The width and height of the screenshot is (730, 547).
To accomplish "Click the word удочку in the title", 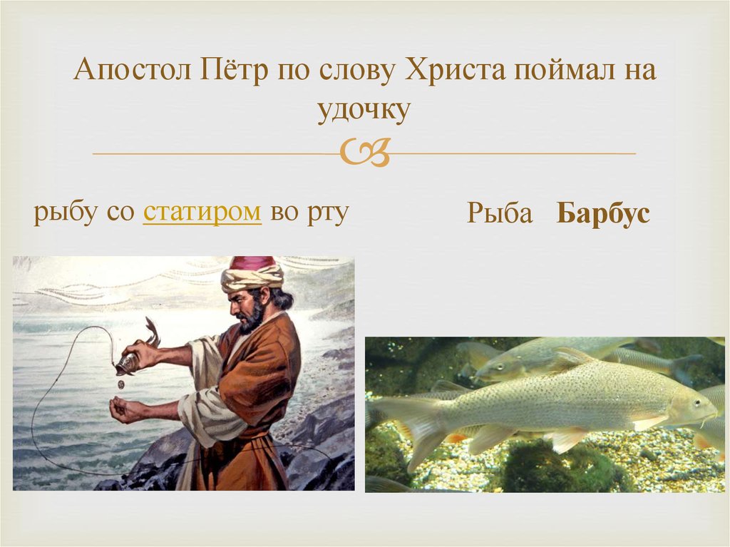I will [x=364, y=111].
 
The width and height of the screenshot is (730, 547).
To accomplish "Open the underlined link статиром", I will [x=202, y=213].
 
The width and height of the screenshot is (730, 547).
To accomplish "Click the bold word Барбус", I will [x=603, y=214].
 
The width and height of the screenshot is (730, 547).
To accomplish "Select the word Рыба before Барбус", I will [x=500, y=214].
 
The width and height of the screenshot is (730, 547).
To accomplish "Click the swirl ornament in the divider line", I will [x=364, y=153].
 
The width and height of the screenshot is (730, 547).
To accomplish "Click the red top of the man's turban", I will [x=252, y=262].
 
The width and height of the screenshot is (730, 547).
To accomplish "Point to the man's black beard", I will [x=251, y=319].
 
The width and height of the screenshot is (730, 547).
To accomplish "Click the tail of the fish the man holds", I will [x=152, y=332].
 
